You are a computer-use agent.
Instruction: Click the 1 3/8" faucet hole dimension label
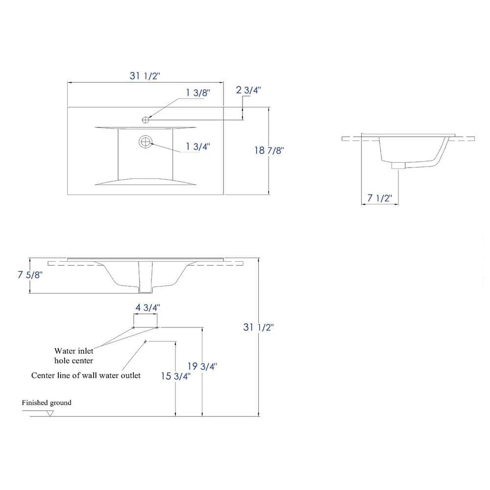(x=197, y=93)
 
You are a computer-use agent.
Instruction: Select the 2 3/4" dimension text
(x=248, y=90)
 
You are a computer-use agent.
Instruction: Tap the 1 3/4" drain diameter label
(x=198, y=146)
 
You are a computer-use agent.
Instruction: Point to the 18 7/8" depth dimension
(x=269, y=150)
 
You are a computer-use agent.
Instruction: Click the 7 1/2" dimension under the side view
(x=380, y=198)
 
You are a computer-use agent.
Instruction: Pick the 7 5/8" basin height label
(x=30, y=275)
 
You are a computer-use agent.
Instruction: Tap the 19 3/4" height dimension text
(x=202, y=366)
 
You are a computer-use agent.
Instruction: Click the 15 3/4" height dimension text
(x=175, y=376)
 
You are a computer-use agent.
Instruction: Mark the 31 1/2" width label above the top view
(x=145, y=75)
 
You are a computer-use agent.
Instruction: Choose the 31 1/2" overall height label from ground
(x=258, y=327)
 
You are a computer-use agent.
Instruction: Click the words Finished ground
(x=47, y=403)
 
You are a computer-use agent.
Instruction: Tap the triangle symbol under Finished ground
(x=50, y=413)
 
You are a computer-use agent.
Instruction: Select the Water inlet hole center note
(x=73, y=356)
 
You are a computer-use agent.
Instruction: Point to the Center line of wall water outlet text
(x=86, y=375)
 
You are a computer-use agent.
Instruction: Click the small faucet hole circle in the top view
(x=146, y=119)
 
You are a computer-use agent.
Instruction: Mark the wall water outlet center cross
(x=145, y=341)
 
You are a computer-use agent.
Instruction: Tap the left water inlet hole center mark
(x=134, y=327)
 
